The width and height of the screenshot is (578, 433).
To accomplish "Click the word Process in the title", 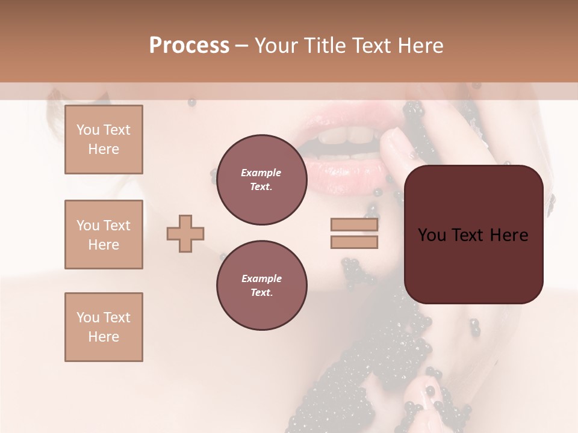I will coord(189,46).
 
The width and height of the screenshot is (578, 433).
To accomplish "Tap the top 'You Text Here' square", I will coord(104,140).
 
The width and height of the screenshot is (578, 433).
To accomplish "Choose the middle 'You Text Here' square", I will coord(104,235).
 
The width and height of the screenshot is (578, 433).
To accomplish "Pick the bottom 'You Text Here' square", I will coord(104,327).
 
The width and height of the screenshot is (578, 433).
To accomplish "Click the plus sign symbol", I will coord(185,233).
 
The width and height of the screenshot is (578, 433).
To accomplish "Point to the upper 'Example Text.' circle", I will coord(261,180).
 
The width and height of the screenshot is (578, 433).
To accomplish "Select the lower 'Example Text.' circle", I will coord(261,286).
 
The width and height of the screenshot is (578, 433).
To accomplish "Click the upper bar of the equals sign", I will coord(354,225).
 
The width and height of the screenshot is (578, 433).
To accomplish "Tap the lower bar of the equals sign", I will coord(354,242).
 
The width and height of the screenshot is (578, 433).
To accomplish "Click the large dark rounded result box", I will coord(473,235).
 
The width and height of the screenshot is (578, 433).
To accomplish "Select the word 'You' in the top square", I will coord(87,130).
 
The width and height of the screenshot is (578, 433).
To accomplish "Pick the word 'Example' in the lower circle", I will coord(261,278).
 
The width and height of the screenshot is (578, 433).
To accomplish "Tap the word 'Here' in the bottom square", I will coord(104,337).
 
